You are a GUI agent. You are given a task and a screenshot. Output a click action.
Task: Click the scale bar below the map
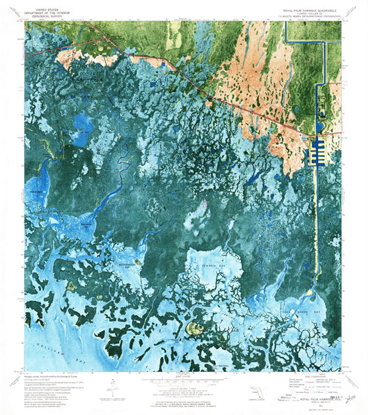(x=182, y=384)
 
